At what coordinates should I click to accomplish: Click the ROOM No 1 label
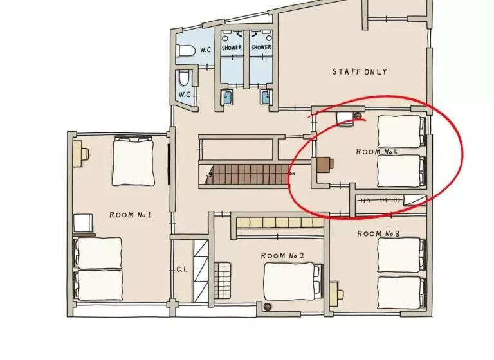pos(131,215)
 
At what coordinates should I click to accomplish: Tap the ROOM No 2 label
pos(282,255)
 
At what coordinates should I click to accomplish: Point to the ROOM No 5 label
pos(377,152)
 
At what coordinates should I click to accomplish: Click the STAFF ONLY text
pos(360,72)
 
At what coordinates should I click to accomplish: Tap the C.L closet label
pos(182,269)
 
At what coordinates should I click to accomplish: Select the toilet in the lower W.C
pos(185,78)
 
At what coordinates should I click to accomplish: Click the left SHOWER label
pos(232,48)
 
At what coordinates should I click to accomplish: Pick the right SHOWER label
pos(261,48)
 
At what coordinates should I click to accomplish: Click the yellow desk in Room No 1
pos(81,154)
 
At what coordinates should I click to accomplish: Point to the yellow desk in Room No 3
pos(336,294)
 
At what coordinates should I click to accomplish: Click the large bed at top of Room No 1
pos(133,161)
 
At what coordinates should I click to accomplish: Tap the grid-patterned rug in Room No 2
pos(223,280)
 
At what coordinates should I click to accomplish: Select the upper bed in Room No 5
pos(401,131)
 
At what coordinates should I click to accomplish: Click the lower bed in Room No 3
pos(401,293)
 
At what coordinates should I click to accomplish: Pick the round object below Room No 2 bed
pos(268,306)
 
